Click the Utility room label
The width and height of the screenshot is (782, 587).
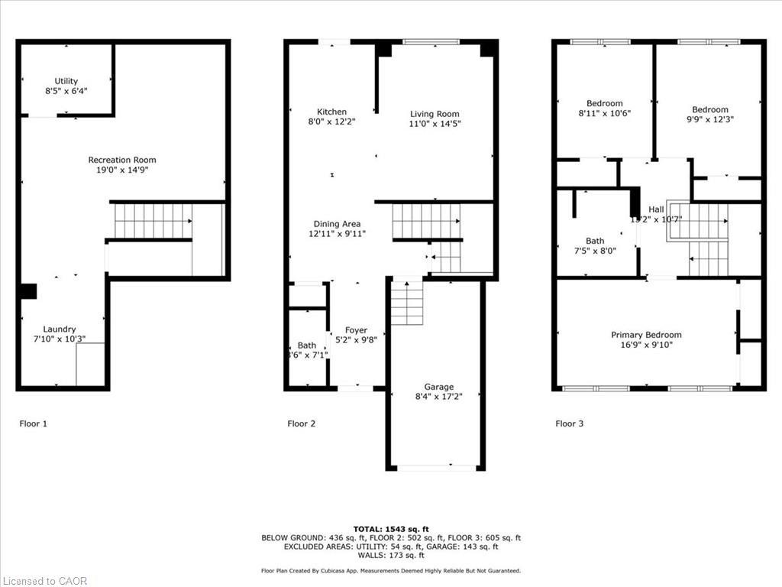pyautogui.click(x=66, y=81)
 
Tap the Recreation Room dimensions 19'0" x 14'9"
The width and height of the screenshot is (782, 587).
pyautogui.click(x=121, y=170)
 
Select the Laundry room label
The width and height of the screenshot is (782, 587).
pyautogui.click(x=59, y=329)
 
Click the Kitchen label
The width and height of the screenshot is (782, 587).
pyautogui.click(x=331, y=112)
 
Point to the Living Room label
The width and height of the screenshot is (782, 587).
pyautogui.click(x=435, y=114)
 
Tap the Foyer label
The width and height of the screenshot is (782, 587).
pyautogui.click(x=355, y=330)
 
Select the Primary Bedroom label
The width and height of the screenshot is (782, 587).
pyautogui.click(x=646, y=335)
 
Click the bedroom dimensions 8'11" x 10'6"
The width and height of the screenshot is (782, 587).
pyautogui.click(x=604, y=113)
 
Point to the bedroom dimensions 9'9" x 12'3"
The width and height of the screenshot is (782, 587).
pyautogui.click(x=709, y=119)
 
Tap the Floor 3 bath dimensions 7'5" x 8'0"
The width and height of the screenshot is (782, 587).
pyautogui.click(x=594, y=250)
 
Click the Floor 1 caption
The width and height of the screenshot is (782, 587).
pyautogui.click(x=33, y=423)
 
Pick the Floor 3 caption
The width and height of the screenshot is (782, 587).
pyautogui.click(x=569, y=423)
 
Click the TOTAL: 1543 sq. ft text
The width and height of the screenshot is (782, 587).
pyautogui.click(x=390, y=529)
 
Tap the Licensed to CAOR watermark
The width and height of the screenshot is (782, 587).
pyautogui.click(x=44, y=581)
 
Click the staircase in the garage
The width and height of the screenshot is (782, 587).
pyautogui.click(x=406, y=303)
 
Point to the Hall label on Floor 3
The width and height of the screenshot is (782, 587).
pyautogui.click(x=656, y=209)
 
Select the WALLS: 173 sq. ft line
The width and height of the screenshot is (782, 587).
pyautogui.click(x=390, y=555)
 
